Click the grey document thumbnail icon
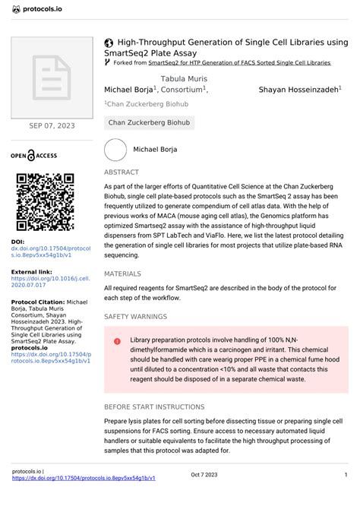point(51,75)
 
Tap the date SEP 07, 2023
point(51,125)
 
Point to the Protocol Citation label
point(38,302)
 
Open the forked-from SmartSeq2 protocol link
point(239,62)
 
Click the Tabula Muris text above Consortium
point(184,79)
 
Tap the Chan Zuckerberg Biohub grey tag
point(150,122)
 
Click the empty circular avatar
point(115,150)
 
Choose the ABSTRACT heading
point(122,172)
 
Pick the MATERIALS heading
point(123,273)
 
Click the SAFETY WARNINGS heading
point(136,315)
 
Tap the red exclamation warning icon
point(117,342)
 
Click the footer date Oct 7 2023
point(204,475)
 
